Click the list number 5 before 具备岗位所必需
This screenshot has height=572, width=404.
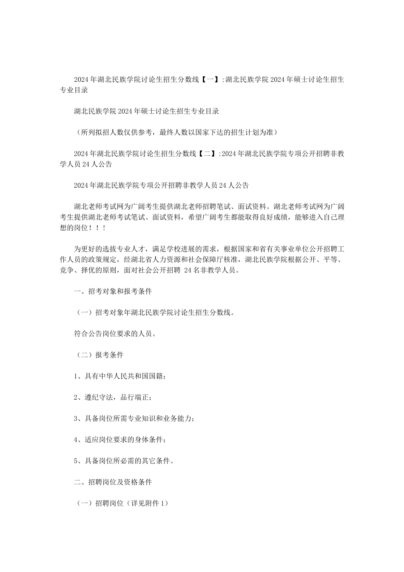[x=76, y=461]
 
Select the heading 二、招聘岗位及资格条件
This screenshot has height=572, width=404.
[x=113, y=482]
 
